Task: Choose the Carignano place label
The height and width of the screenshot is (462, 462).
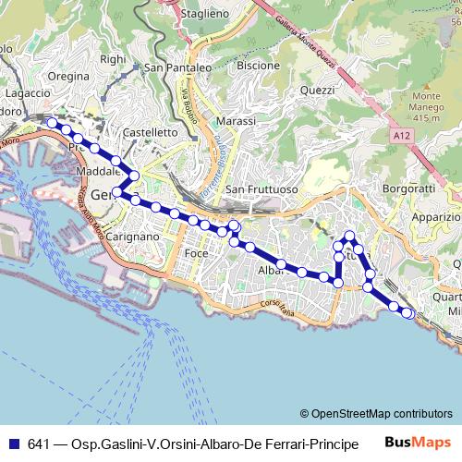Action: click(x=133, y=237)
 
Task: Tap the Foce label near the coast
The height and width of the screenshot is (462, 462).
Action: click(x=196, y=252)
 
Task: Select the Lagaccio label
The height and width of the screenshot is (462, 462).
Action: click(x=25, y=93)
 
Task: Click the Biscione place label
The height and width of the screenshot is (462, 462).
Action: click(x=258, y=66)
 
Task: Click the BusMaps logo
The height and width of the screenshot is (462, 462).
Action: click(x=418, y=443)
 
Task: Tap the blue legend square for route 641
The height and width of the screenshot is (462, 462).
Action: click(x=14, y=444)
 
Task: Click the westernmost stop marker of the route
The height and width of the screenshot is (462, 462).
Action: click(x=52, y=123)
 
